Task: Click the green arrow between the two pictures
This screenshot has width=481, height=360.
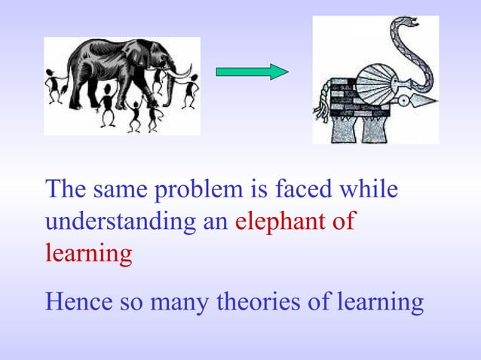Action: pyautogui.click(x=252, y=72)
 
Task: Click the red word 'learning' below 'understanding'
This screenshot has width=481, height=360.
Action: pyautogui.click(x=88, y=255)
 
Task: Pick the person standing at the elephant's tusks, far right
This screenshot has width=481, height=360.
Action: pyautogui.click(x=189, y=89)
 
